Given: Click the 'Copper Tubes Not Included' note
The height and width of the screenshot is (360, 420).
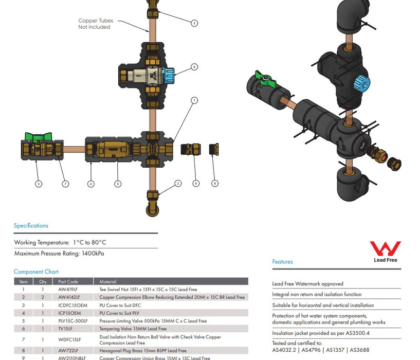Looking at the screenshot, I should click(96, 24).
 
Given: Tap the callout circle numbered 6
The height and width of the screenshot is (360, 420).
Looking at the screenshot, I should click(194, 67).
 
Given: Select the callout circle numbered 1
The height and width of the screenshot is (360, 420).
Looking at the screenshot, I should click(194, 100).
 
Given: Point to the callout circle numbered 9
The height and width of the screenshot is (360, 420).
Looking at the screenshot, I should click(195, 183).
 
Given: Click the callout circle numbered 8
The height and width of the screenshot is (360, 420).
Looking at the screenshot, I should click(215, 183).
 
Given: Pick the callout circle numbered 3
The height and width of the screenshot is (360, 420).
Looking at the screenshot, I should click(39, 184).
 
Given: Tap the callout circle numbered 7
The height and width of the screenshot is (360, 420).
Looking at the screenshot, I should click(65, 184).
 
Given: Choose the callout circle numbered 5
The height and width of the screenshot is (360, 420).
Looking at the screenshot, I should click(117, 184).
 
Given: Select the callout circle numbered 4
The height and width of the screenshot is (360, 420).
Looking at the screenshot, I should click(91, 184).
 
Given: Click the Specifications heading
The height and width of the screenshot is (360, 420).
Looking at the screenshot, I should click(31, 226).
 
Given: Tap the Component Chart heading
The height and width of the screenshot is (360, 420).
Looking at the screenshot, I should click(36, 272).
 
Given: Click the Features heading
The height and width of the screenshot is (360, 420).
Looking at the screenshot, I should click(282, 262).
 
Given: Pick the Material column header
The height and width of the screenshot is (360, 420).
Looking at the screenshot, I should click(108, 282).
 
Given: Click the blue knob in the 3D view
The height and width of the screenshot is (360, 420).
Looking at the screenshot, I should click(361, 80).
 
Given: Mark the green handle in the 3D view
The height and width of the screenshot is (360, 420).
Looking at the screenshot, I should click(266, 80).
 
